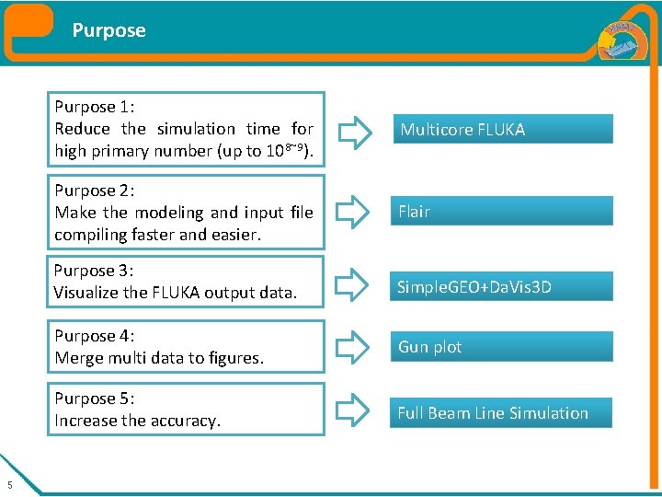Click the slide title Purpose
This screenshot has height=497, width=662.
click(108, 30)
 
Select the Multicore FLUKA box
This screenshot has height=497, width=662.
click(501, 129)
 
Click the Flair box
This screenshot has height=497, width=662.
click(501, 211)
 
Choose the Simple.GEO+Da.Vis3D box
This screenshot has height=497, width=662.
click(501, 286)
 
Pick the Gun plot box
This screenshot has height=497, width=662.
click(501, 347)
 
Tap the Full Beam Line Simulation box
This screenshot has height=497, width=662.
click(501, 413)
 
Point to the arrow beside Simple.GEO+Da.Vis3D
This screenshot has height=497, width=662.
click(353, 286)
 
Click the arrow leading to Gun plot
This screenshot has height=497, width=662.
click(353, 348)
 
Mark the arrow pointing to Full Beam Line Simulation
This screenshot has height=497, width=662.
click(353, 413)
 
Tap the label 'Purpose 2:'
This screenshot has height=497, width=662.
click(95, 191)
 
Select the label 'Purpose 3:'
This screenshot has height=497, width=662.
click(95, 271)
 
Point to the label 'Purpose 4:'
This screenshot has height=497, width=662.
click(95, 336)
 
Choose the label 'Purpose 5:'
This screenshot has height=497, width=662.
click(95, 399)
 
